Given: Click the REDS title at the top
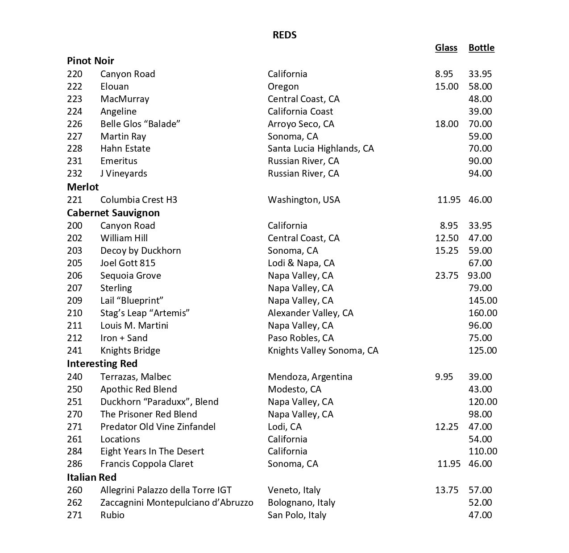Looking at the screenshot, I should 284,35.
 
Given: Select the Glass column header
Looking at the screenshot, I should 446,48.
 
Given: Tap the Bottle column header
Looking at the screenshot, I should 481,48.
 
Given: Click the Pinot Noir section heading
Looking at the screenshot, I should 91,61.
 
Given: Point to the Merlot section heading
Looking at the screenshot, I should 83,187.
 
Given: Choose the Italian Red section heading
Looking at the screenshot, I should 91,477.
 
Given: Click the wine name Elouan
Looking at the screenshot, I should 114,87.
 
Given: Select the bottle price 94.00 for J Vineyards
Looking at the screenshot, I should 480,173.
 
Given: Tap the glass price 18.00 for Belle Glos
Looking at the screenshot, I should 446,124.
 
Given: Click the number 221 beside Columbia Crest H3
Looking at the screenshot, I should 75,200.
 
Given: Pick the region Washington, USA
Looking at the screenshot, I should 303,200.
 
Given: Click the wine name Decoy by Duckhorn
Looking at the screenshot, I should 141,251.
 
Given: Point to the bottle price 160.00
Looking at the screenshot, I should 482,313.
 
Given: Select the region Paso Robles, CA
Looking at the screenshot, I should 300,338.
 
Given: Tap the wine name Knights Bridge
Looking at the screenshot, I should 130,351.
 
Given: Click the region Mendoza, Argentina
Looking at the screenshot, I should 310,377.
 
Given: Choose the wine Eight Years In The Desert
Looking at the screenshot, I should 152,451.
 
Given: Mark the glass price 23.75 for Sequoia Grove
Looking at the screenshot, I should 446,276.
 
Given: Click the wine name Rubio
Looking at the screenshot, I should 112,515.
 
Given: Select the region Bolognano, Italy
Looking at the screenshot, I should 301,503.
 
